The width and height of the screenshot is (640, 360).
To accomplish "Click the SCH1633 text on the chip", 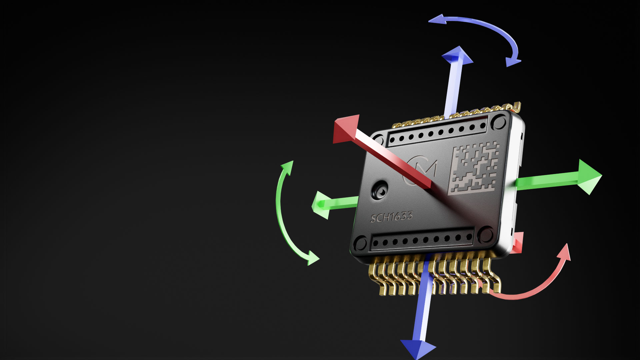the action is [391, 217].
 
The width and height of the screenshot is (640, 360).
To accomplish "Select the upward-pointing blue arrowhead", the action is [458, 55].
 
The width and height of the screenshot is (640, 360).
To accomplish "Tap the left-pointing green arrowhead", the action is [320, 205].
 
